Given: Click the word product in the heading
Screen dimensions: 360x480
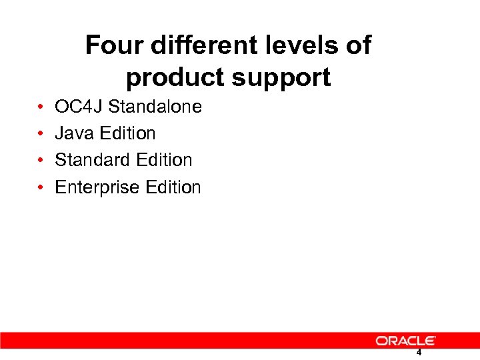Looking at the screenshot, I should (175, 79).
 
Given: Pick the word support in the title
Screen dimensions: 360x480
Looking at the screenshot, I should (281, 79).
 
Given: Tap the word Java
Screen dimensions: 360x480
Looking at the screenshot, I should (73, 133).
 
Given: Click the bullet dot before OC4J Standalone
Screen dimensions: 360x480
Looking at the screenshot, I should (41, 107).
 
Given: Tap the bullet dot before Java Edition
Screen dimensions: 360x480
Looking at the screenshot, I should (41, 134).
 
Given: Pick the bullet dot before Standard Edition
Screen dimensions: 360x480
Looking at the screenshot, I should (41, 161).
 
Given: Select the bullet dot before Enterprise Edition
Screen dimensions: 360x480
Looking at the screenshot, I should (41, 188).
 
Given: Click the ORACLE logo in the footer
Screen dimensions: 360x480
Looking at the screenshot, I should (405, 341).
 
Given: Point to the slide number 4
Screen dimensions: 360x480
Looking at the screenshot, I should (419, 353).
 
